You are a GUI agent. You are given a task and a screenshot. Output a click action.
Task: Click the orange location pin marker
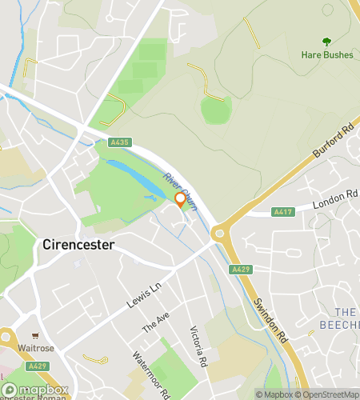coord(180,200)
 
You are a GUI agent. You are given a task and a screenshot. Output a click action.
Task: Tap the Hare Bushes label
coord(326,55)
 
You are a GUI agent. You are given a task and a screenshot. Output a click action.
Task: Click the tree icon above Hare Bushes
coord(326,42)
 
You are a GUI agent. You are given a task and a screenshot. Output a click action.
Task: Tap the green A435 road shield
coord(119,142)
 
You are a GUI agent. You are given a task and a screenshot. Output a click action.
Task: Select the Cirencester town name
coord(78,244)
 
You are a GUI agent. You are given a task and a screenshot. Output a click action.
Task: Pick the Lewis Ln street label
coord(144,295)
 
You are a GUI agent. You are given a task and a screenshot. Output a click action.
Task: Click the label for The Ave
coord(156,323)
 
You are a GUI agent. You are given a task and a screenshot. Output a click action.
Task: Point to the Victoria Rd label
coord(198,346)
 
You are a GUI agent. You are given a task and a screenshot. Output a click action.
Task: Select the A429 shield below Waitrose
coord(37,366)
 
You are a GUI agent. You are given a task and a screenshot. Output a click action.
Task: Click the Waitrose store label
coord(36,349)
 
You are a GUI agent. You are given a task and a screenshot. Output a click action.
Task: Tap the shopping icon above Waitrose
coord(36,336)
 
